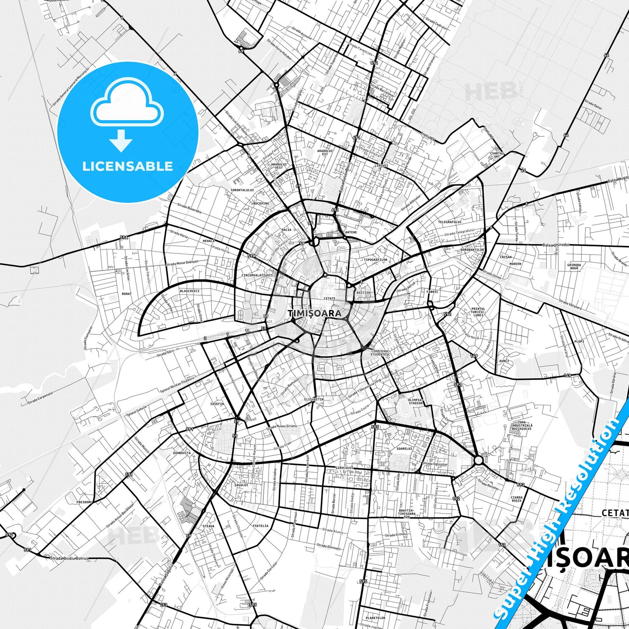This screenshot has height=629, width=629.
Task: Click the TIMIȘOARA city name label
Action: pos(313,313)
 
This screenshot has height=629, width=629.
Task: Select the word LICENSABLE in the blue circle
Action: pos(128,166)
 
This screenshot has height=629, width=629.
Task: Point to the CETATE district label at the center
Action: pos(330,299)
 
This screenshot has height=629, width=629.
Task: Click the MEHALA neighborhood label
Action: pos(209,240)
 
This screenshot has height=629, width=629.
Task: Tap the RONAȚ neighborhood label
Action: pos(127,294)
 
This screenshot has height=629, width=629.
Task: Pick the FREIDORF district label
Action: pos(84,502)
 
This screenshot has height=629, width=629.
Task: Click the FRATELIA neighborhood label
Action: pos(260,525)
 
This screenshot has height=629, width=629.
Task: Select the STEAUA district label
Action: pos(209,526)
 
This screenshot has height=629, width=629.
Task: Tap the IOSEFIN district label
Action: pos(217,404)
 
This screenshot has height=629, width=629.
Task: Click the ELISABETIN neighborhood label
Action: pos(314,399)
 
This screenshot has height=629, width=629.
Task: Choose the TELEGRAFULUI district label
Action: pos(450,222)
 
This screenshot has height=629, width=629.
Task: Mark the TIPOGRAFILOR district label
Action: pos(375,260)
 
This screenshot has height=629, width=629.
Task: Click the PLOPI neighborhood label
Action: pos(579,342)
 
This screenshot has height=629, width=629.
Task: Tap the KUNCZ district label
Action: pos(504,361)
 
